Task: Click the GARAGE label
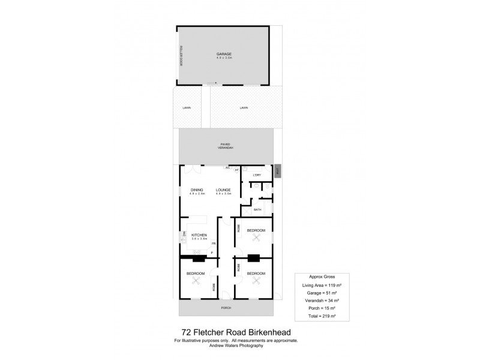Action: pyautogui.click(x=224, y=54)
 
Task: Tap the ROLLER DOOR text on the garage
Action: pyautogui.click(x=180, y=56)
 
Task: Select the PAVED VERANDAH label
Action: pyautogui.click(x=226, y=146)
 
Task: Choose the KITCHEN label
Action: pyautogui.click(x=199, y=235)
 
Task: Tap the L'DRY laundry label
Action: pyautogui.click(x=257, y=175)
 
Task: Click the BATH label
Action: pyautogui.click(x=257, y=209)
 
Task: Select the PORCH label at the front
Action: pyautogui.click(x=226, y=308)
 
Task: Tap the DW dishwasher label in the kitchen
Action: pyautogui.click(x=185, y=234)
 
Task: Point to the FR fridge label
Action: pyautogui.click(x=213, y=243)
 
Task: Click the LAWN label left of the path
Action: pyautogui.click(x=186, y=108)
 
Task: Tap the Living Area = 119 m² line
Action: pyautogui.click(x=321, y=286)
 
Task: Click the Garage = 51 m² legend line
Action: pyautogui.click(x=321, y=293)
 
